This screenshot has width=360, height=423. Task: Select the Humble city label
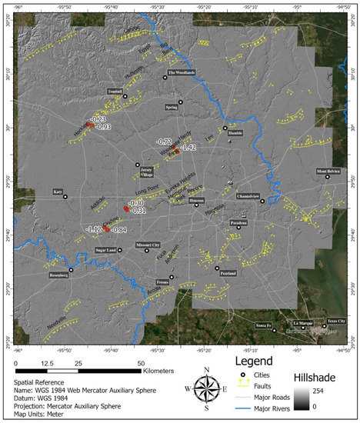(235, 132)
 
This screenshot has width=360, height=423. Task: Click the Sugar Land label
(105, 250)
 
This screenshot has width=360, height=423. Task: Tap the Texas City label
(337, 320)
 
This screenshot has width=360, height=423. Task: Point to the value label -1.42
(188, 147)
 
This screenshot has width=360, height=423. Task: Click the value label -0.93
(104, 127)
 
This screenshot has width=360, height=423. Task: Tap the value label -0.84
(118, 230)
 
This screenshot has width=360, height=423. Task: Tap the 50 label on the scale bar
(140, 362)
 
